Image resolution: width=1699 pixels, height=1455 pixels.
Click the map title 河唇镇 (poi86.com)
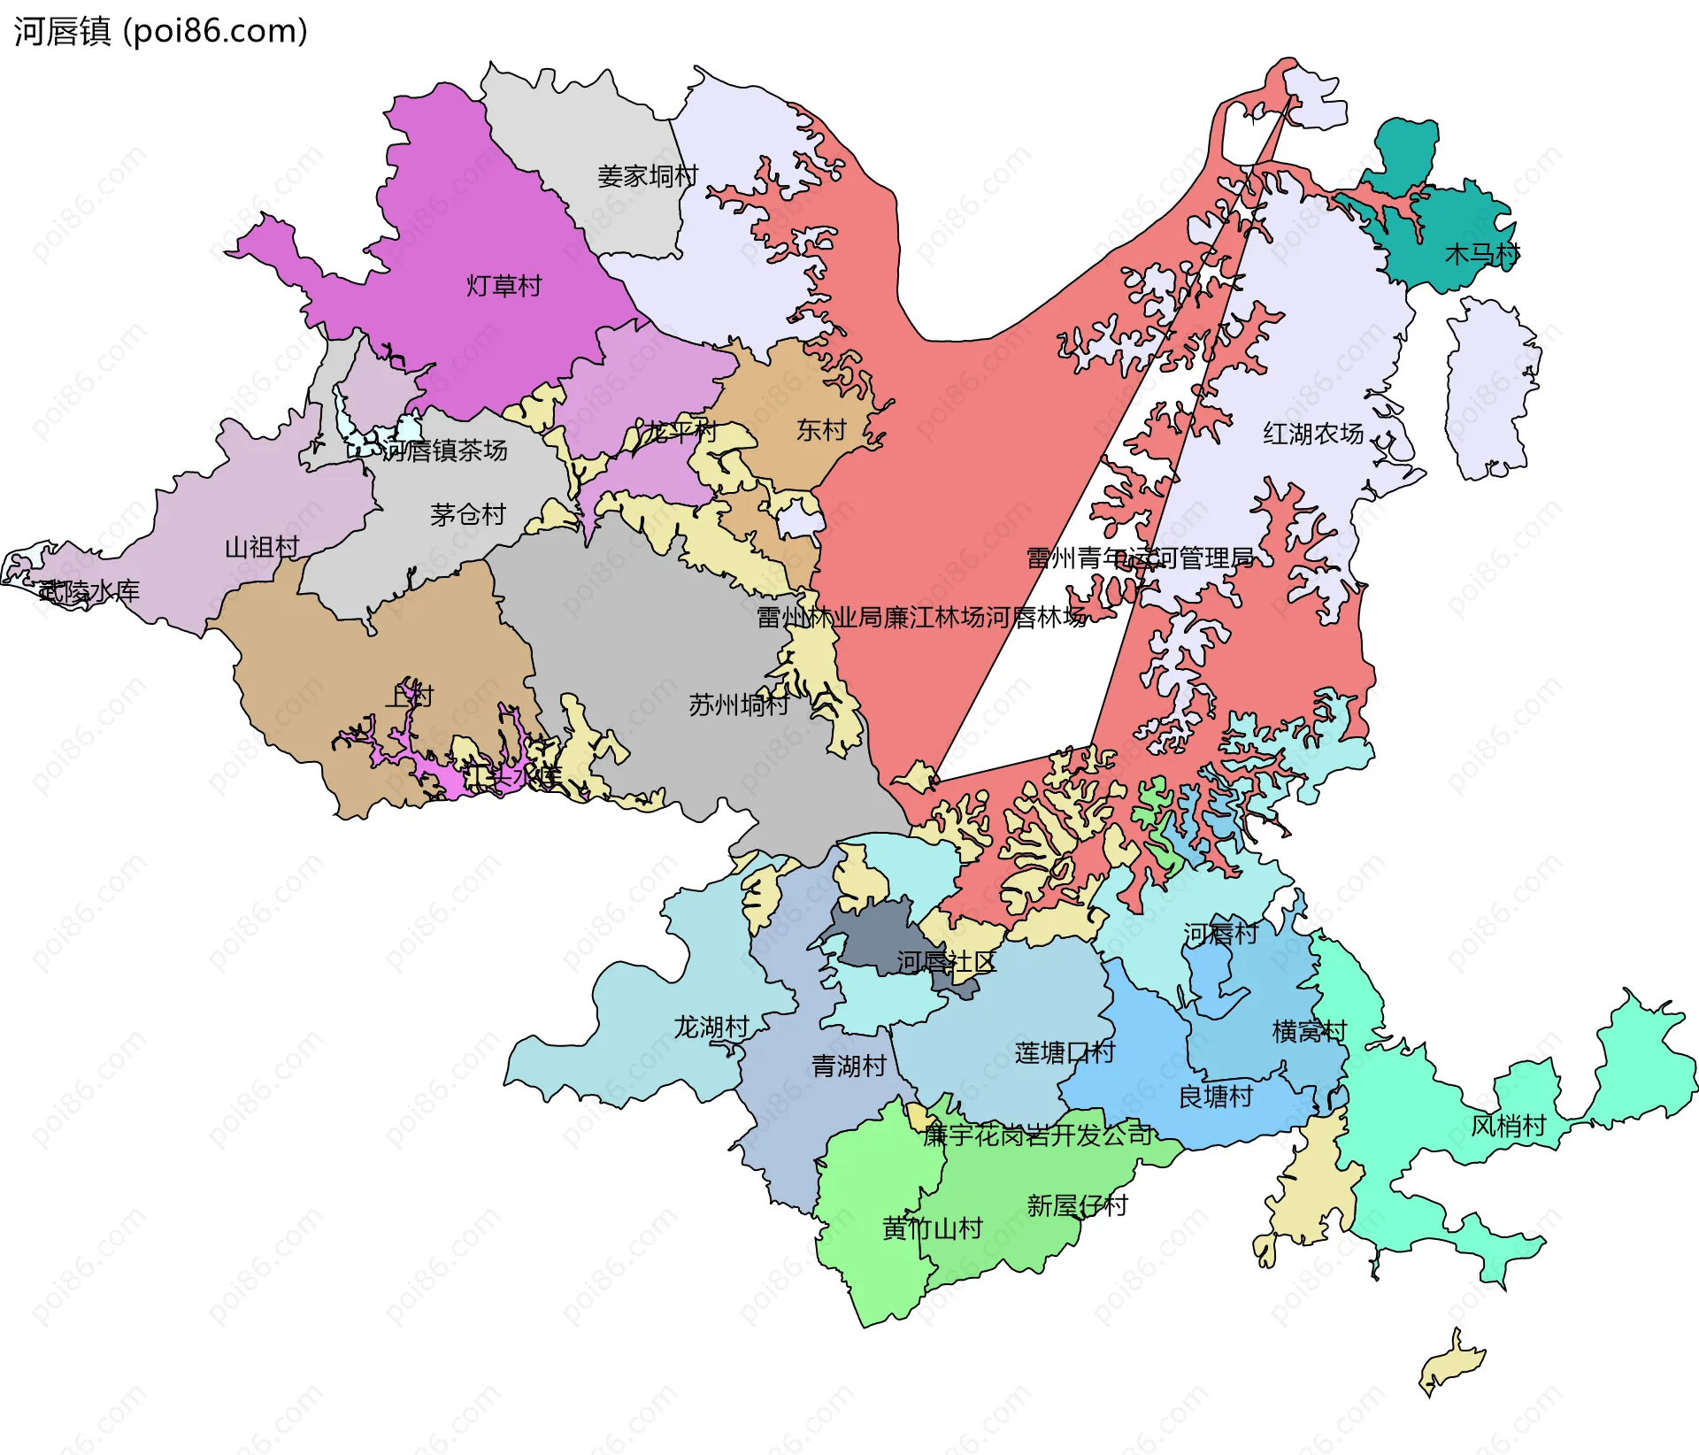(160, 32)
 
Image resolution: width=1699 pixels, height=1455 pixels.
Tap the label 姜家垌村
(648, 176)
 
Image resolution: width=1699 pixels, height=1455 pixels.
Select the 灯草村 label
(504, 286)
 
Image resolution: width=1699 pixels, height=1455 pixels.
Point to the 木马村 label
(1482, 254)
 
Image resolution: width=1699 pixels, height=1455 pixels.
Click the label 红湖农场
(1313, 434)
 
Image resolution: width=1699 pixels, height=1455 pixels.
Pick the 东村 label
(821, 430)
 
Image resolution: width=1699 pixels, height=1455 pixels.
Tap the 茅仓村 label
(467, 514)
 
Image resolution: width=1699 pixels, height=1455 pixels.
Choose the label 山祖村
(262, 547)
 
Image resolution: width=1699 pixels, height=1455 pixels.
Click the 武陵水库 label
(88, 591)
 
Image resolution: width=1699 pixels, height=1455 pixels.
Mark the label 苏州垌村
(738, 705)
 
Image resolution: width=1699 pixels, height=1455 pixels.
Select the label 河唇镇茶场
(445, 450)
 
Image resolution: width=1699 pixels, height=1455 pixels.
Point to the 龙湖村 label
(711, 1027)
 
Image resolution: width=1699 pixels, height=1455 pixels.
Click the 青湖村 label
(849, 1066)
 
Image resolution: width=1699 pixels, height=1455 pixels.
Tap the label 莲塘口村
(1065, 1052)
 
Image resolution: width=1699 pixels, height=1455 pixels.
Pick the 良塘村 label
(1216, 1097)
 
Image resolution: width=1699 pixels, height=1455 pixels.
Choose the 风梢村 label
(1508, 1126)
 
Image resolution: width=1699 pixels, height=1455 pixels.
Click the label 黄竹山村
(933, 1228)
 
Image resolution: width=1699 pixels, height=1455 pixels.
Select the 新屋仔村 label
(1077, 1205)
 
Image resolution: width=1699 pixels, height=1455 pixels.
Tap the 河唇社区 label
(946, 962)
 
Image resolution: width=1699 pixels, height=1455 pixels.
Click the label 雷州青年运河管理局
(1140, 558)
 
